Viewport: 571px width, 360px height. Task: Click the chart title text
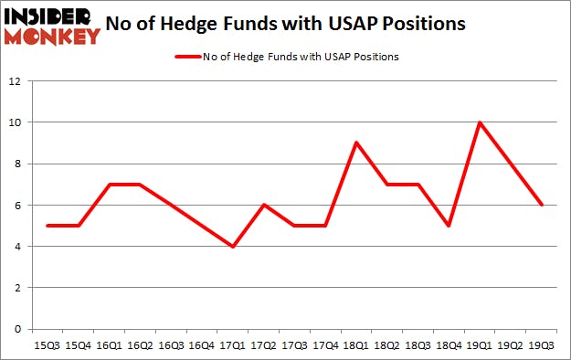point(300,24)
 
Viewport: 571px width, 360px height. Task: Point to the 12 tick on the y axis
point(16,81)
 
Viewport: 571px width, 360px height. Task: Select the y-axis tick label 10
point(16,122)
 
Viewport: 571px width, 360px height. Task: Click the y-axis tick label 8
point(18,164)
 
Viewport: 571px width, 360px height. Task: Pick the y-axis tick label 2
point(18,288)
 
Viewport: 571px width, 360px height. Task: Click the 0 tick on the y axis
point(18,329)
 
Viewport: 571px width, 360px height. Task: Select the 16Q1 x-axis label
point(108,345)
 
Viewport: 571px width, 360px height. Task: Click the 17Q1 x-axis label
point(234,345)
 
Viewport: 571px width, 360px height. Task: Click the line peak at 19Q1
point(478,122)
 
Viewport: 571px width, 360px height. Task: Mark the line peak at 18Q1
point(354,143)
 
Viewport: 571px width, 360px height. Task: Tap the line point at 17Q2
point(263,205)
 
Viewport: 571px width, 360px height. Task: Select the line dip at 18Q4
point(447,226)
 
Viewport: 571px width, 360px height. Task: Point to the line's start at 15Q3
point(48,226)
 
